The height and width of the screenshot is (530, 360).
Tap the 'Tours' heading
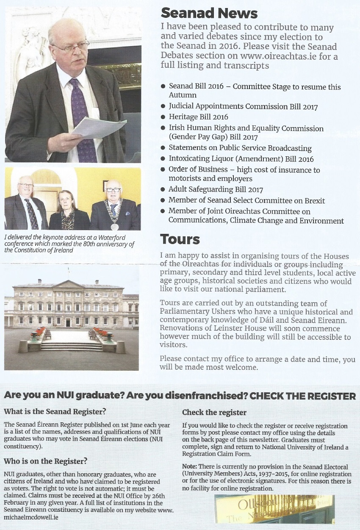[180, 239]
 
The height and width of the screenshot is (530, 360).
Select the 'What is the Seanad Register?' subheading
[55, 411]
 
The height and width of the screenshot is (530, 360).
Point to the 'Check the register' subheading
[214, 412]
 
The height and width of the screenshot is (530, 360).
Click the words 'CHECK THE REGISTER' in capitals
[303, 396]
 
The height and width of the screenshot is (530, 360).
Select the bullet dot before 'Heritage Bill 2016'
[163, 117]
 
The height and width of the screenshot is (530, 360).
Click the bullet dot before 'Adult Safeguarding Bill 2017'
[163, 190]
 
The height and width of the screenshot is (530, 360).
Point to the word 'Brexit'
[313, 200]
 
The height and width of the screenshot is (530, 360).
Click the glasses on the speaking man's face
[71, 47]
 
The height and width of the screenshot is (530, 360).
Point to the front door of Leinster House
[68, 323]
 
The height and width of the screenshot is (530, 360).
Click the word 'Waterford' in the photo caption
[111, 238]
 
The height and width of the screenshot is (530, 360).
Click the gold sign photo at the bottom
[274, 509]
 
